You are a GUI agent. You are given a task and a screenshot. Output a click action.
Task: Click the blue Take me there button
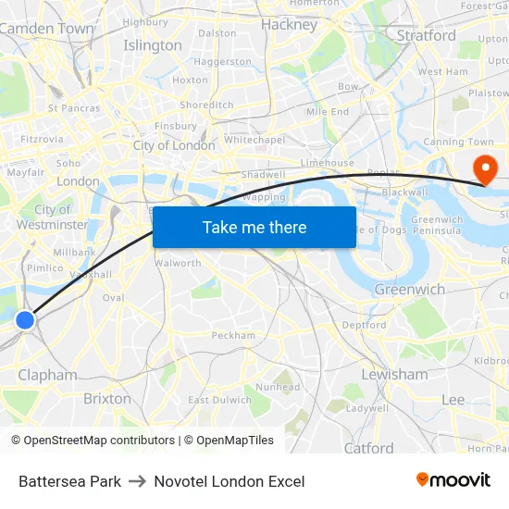tap(254, 228)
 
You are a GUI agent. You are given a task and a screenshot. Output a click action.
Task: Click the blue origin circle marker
tap(25, 320)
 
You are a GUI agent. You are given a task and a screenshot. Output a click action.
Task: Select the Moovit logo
tap(453, 479)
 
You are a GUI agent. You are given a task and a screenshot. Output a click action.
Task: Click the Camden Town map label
tap(46, 29)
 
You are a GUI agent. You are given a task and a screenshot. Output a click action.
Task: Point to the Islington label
tap(153, 45)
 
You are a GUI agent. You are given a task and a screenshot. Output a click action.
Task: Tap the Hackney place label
tap(290, 25)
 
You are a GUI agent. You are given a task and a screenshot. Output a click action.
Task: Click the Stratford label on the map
tap(426, 36)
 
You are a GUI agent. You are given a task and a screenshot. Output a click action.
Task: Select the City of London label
tap(174, 145)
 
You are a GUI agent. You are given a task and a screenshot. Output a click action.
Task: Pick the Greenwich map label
tap(409, 290)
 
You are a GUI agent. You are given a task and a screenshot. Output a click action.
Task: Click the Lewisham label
tap(394, 375)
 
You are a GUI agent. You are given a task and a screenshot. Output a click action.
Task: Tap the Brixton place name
tap(107, 398)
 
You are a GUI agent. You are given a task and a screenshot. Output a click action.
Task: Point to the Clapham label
tap(48, 375)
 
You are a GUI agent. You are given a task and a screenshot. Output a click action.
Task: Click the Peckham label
tap(233, 335)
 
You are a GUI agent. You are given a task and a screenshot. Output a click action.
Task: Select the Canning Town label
tap(458, 142)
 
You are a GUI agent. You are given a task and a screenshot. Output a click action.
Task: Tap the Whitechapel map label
tap(254, 140)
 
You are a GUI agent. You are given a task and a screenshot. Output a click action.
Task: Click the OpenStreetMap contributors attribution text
tap(93, 441)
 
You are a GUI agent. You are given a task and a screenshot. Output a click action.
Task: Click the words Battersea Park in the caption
tap(69, 481)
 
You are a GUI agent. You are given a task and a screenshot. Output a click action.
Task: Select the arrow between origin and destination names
tap(138, 481)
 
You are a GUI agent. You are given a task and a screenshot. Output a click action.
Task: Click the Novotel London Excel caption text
tap(230, 481)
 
